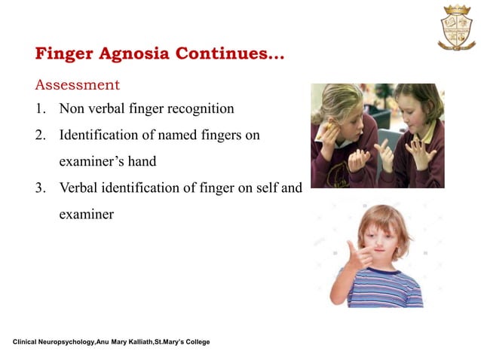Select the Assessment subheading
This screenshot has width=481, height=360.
77,83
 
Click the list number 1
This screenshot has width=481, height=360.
40,108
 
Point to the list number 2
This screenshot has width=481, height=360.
40,136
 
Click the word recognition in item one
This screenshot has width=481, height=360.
197,108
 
